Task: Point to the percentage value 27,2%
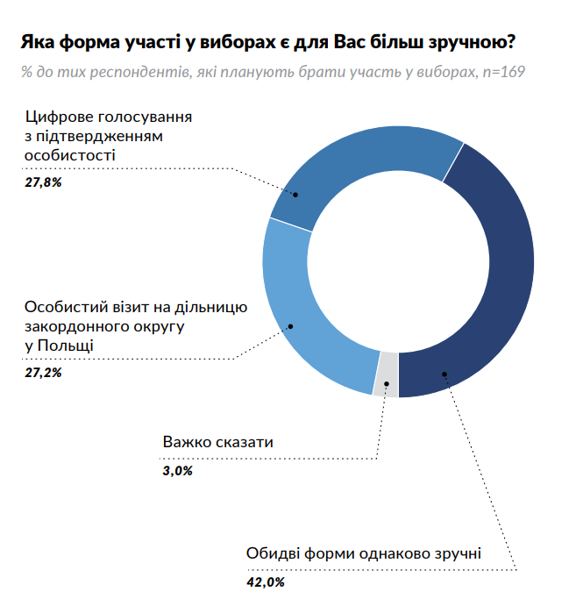(43, 373)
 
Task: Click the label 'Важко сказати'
(218, 442)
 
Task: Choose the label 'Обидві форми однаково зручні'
(364, 554)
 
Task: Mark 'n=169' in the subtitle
(504, 71)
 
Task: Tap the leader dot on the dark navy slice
(444, 374)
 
